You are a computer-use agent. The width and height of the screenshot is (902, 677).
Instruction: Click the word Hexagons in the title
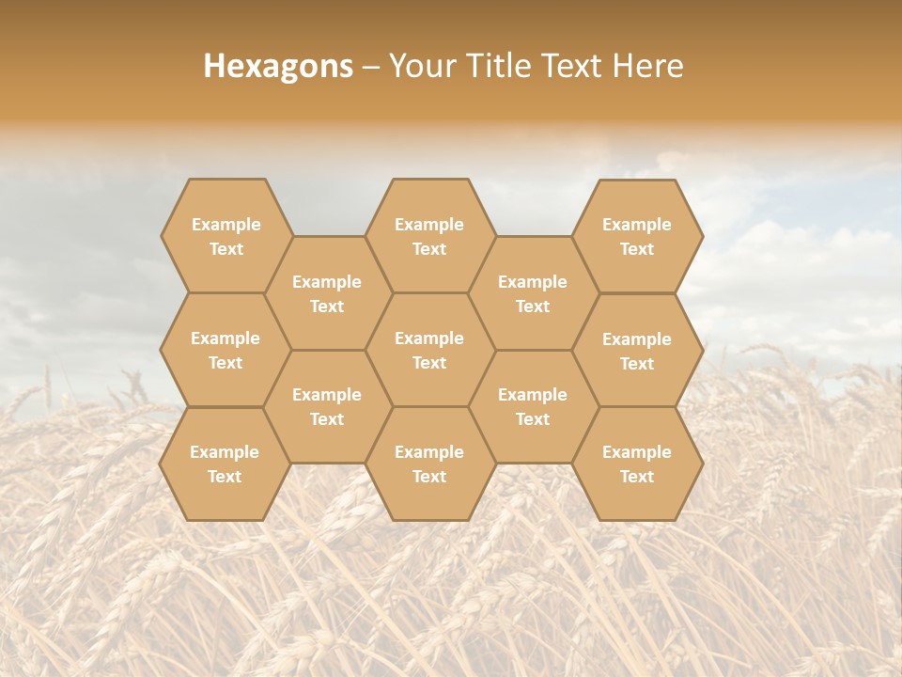tap(278, 66)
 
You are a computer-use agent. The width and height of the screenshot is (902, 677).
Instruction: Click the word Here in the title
tap(648, 66)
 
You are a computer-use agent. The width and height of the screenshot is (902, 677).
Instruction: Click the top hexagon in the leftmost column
tap(225, 236)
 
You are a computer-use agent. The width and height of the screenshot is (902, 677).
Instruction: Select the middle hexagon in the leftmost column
tap(225, 350)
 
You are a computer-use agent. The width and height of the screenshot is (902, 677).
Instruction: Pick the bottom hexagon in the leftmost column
tap(225, 464)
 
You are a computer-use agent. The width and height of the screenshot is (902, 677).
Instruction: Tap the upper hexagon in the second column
tap(327, 293)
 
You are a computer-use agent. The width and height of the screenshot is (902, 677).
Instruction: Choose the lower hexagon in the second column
tap(327, 406)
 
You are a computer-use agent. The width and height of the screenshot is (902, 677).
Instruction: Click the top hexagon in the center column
tap(429, 236)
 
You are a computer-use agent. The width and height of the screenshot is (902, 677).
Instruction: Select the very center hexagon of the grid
tap(429, 350)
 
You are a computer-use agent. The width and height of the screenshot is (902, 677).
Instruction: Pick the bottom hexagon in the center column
tap(429, 464)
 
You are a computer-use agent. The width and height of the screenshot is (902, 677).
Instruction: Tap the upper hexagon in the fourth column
tap(533, 293)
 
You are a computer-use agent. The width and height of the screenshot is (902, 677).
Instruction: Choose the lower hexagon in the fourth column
tap(533, 406)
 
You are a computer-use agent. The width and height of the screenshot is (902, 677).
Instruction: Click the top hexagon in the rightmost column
tap(637, 236)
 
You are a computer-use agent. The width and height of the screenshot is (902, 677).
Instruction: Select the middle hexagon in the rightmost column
tap(637, 351)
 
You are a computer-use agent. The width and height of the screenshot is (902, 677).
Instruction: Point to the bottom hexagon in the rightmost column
tap(637, 464)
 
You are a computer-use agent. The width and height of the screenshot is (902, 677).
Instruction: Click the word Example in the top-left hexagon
tap(225, 225)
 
